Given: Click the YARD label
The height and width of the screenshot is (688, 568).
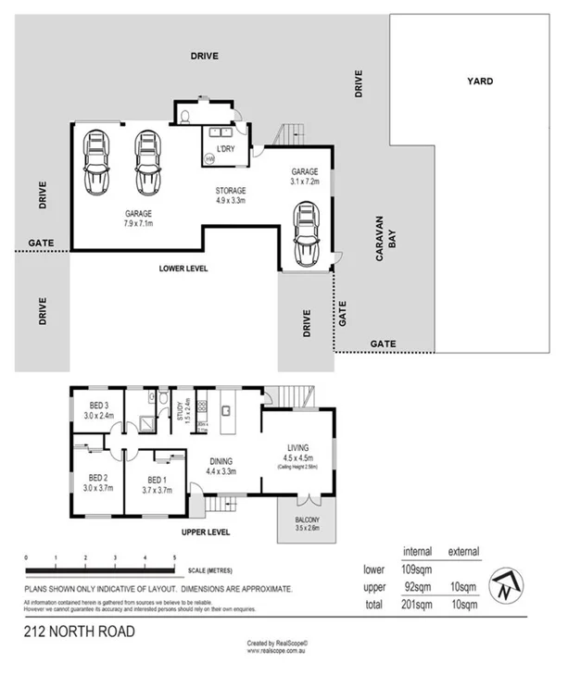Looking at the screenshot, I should click(x=480, y=81).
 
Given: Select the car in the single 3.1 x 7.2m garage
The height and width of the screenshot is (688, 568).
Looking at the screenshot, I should click(x=307, y=236).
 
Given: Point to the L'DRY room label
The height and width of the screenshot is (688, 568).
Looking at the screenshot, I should click(x=225, y=149).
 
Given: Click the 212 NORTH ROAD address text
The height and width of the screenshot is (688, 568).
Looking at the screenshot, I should click(x=79, y=632).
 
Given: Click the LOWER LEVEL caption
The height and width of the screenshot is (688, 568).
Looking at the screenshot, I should click(x=183, y=268).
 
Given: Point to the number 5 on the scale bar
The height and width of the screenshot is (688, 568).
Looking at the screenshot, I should click(x=174, y=557).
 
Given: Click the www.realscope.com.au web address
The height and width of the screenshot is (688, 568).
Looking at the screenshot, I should click(x=277, y=651).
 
